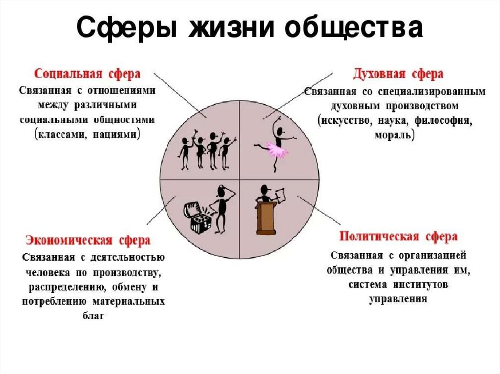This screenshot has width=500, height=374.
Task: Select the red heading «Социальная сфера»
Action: click(87, 74)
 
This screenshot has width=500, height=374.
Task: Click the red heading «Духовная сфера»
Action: click(398, 74)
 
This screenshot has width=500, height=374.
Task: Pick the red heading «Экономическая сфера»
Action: click(88, 240)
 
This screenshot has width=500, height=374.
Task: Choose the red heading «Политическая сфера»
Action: click(398, 237)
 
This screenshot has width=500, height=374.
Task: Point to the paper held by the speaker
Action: click(281, 195)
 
